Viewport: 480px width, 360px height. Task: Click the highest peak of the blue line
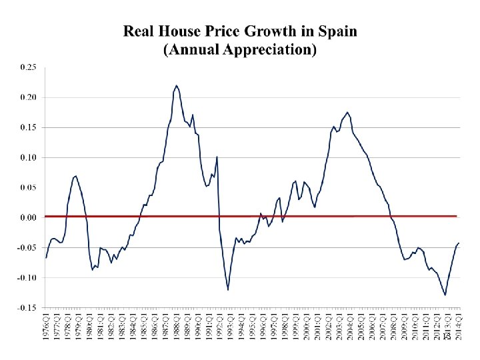pyautogui.click(x=176, y=85)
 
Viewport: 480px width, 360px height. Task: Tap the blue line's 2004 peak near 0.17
pyautogui.click(x=347, y=112)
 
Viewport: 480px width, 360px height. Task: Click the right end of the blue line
pyautogui.click(x=459, y=243)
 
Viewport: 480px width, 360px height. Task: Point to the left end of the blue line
pyautogui.click(x=46, y=257)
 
